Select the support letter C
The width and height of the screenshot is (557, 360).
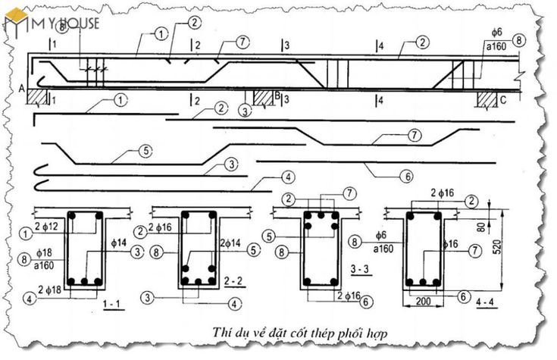[505, 98]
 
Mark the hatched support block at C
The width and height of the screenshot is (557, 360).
[485, 97]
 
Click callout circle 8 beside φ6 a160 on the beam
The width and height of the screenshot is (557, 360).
[518, 39]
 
